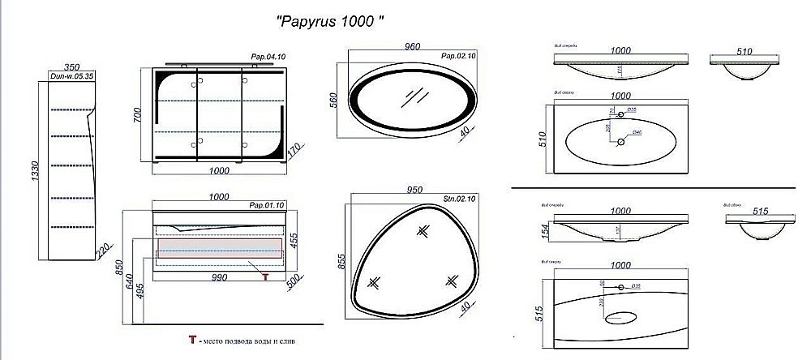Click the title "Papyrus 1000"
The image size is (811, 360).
click(x=330, y=23)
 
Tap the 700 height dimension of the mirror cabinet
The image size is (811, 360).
click(x=138, y=116)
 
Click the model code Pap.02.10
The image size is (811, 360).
click(x=459, y=56)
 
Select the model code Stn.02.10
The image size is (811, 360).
click(x=458, y=197)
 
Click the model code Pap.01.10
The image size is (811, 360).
click(x=268, y=205)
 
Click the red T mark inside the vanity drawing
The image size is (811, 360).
click(x=264, y=276)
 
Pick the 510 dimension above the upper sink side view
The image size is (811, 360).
click(x=742, y=50)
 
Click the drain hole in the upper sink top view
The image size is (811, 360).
click(x=621, y=143)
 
